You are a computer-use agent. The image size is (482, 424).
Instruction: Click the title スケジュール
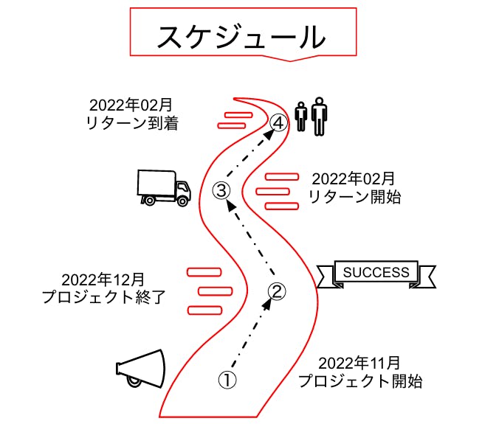(x=241, y=36)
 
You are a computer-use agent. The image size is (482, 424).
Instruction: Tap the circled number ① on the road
(x=227, y=380)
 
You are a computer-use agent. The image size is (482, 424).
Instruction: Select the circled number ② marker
(x=275, y=292)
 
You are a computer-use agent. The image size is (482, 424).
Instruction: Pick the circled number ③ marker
(x=221, y=190)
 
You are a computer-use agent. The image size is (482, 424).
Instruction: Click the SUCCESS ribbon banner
(x=376, y=273)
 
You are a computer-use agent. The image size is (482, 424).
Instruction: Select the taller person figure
(x=318, y=117)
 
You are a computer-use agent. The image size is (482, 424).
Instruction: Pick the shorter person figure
(x=300, y=117)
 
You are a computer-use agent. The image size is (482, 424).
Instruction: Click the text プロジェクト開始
(x=360, y=381)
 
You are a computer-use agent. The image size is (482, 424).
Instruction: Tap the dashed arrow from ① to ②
(x=251, y=336)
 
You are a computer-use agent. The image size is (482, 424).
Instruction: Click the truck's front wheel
(x=180, y=199)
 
